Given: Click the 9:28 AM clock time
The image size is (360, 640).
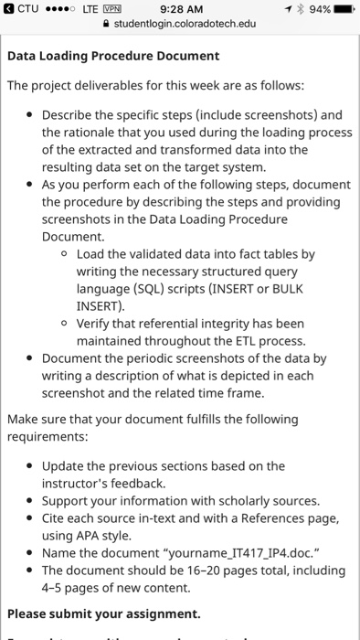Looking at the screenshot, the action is point(181,9).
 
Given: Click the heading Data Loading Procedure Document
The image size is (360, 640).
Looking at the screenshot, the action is point(113,56).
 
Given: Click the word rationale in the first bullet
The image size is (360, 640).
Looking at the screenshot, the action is point(101,133).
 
